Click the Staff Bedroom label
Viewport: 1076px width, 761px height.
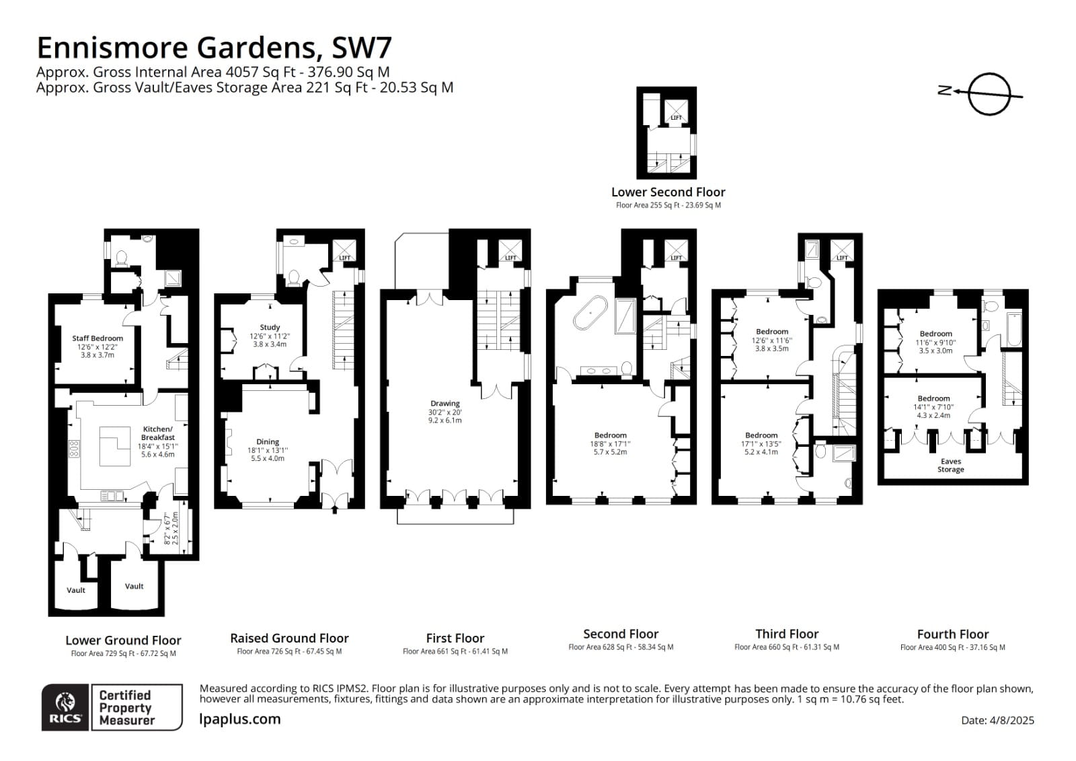(x=98, y=338)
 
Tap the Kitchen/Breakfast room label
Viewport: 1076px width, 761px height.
(x=157, y=433)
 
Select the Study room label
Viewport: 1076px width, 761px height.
(x=270, y=328)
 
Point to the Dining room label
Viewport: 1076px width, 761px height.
(x=268, y=442)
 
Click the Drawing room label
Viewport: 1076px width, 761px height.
(x=445, y=404)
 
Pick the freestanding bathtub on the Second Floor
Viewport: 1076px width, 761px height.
(x=591, y=313)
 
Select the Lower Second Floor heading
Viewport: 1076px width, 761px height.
(x=668, y=192)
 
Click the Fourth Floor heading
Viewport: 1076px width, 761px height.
(x=952, y=634)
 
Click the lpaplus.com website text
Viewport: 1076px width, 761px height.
(x=240, y=719)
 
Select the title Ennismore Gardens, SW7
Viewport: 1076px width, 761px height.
(x=214, y=48)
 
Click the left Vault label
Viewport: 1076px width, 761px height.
(x=76, y=590)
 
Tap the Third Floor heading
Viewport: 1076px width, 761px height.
(x=787, y=634)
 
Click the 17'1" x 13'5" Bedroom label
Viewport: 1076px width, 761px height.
(x=761, y=435)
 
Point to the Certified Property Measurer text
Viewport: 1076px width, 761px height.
(x=126, y=707)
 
